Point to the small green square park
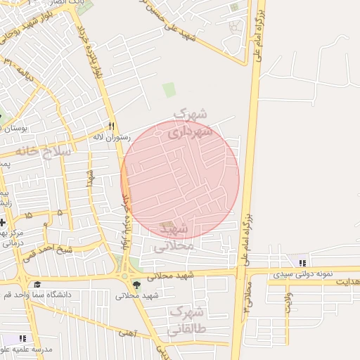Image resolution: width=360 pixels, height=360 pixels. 169,90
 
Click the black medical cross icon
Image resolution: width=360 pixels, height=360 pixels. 3,222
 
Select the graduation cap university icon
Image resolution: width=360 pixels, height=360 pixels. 37,285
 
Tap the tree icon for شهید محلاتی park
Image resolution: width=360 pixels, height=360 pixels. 136,285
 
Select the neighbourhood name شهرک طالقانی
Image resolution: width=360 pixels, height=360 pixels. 186,320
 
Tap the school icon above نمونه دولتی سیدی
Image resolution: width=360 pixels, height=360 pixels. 303,263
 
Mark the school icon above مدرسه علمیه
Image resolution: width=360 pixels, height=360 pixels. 22,338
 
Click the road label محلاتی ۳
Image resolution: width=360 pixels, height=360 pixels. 245,295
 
